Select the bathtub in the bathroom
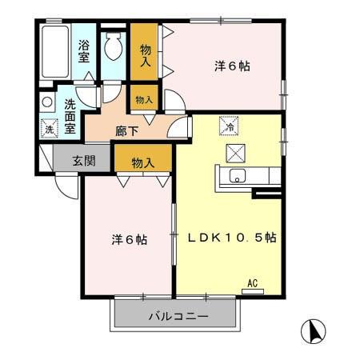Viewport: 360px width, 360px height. click(x=54, y=52)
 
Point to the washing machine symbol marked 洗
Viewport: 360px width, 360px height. click(x=48, y=128)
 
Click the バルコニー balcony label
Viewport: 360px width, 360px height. click(x=178, y=317)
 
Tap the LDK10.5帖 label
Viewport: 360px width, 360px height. click(x=232, y=238)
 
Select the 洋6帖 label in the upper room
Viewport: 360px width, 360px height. click(x=233, y=66)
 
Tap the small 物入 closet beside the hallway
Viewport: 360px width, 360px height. click(x=144, y=101)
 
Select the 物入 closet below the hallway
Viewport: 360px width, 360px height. click(x=142, y=162)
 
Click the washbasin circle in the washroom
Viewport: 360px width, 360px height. click(x=47, y=102)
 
